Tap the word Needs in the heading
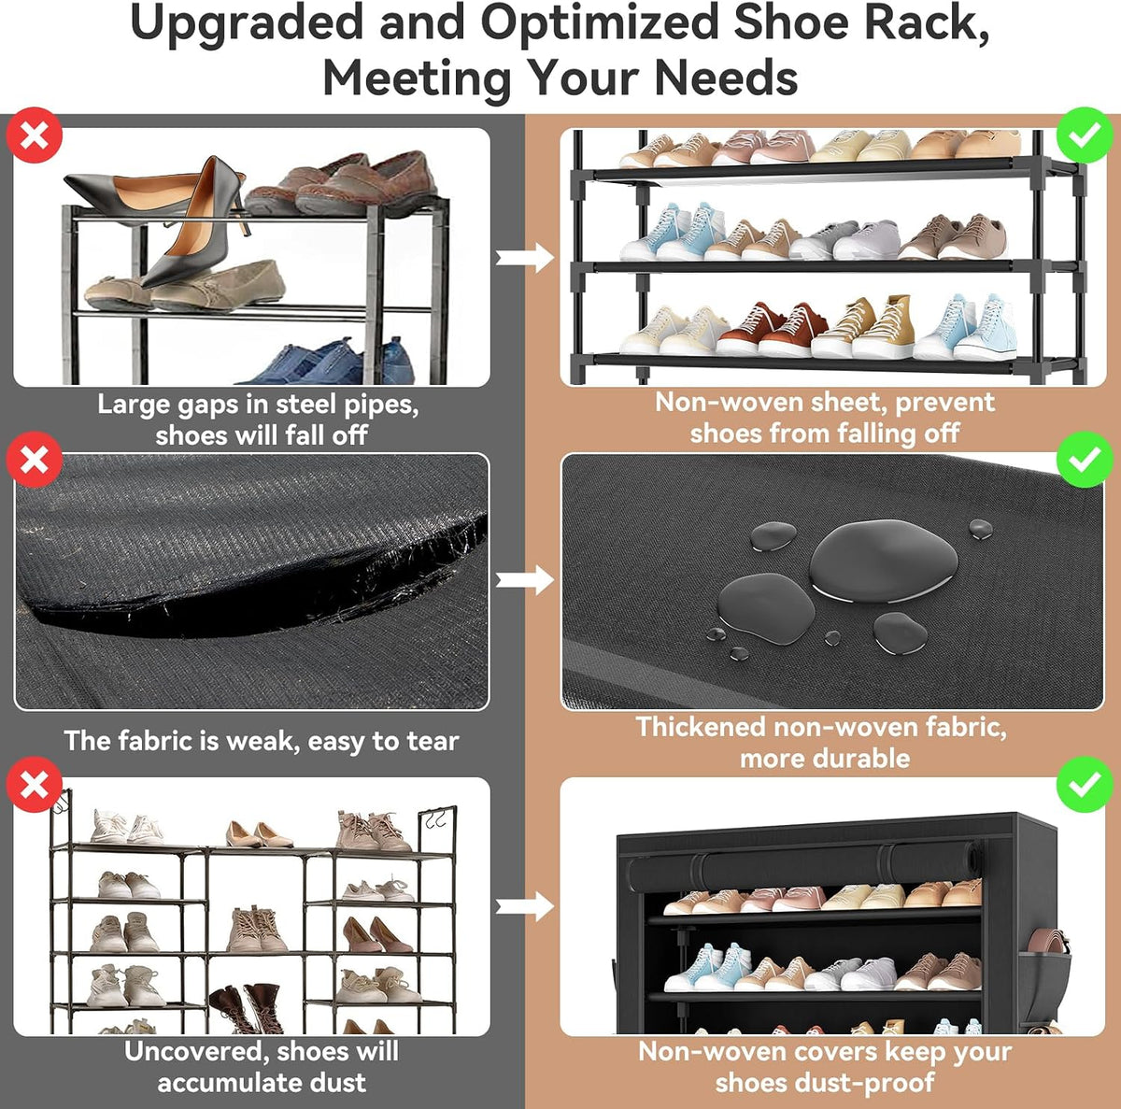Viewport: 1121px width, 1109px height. (726, 78)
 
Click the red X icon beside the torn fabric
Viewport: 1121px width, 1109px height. (35, 460)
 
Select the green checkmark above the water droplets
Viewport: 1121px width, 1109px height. (1084, 460)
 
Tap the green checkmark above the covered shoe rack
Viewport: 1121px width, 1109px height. (1084, 784)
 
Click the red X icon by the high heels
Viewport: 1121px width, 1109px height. (35, 135)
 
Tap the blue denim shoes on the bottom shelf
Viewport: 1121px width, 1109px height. (329, 362)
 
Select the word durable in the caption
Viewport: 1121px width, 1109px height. (825, 759)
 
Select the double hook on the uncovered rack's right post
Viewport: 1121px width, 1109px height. (434, 818)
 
